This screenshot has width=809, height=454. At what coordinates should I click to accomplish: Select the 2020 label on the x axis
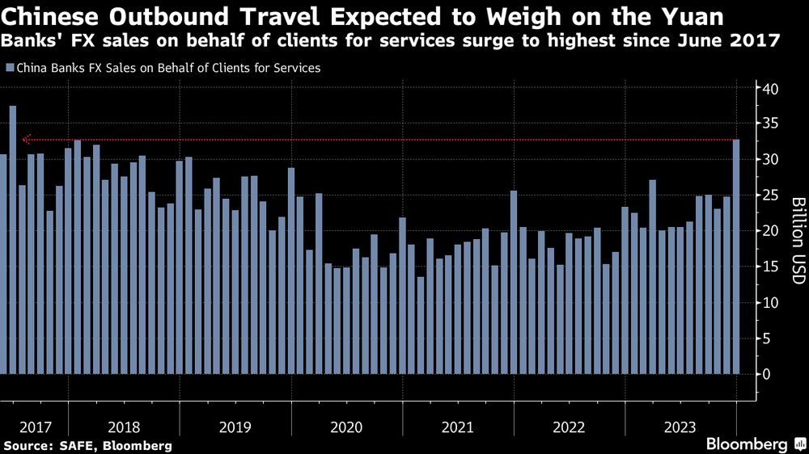[x=347, y=427]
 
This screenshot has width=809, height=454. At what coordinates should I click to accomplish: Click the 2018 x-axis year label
[x=124, y=427]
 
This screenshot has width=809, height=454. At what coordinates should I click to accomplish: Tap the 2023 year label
[x=680, y=427]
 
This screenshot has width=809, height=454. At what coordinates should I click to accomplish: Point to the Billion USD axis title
[x=797, y=239]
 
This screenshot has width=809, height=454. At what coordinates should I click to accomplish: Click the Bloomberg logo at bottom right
[x=753, y=444]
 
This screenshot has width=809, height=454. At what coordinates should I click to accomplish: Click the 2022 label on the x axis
[x=570, y=427]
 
